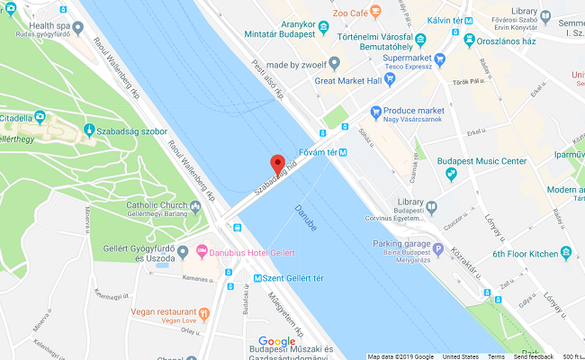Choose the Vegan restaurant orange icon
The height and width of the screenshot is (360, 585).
coord(204,313)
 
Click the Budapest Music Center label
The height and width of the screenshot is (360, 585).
coord(481,161)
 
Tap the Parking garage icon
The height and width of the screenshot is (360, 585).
coord(438,249)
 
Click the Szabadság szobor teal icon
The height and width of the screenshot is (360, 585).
coord(89,132)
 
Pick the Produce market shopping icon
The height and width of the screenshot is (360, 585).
coord(377,112)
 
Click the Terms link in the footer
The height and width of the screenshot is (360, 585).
coord(496,355)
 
